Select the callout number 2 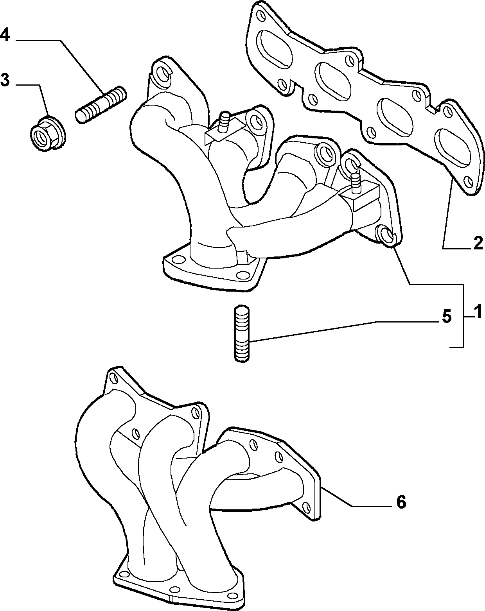click(478, 243)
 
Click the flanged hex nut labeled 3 click(48, 133)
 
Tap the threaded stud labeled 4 click(101, 104)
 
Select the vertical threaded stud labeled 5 click(242, 333)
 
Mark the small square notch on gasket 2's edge click(431, 109)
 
